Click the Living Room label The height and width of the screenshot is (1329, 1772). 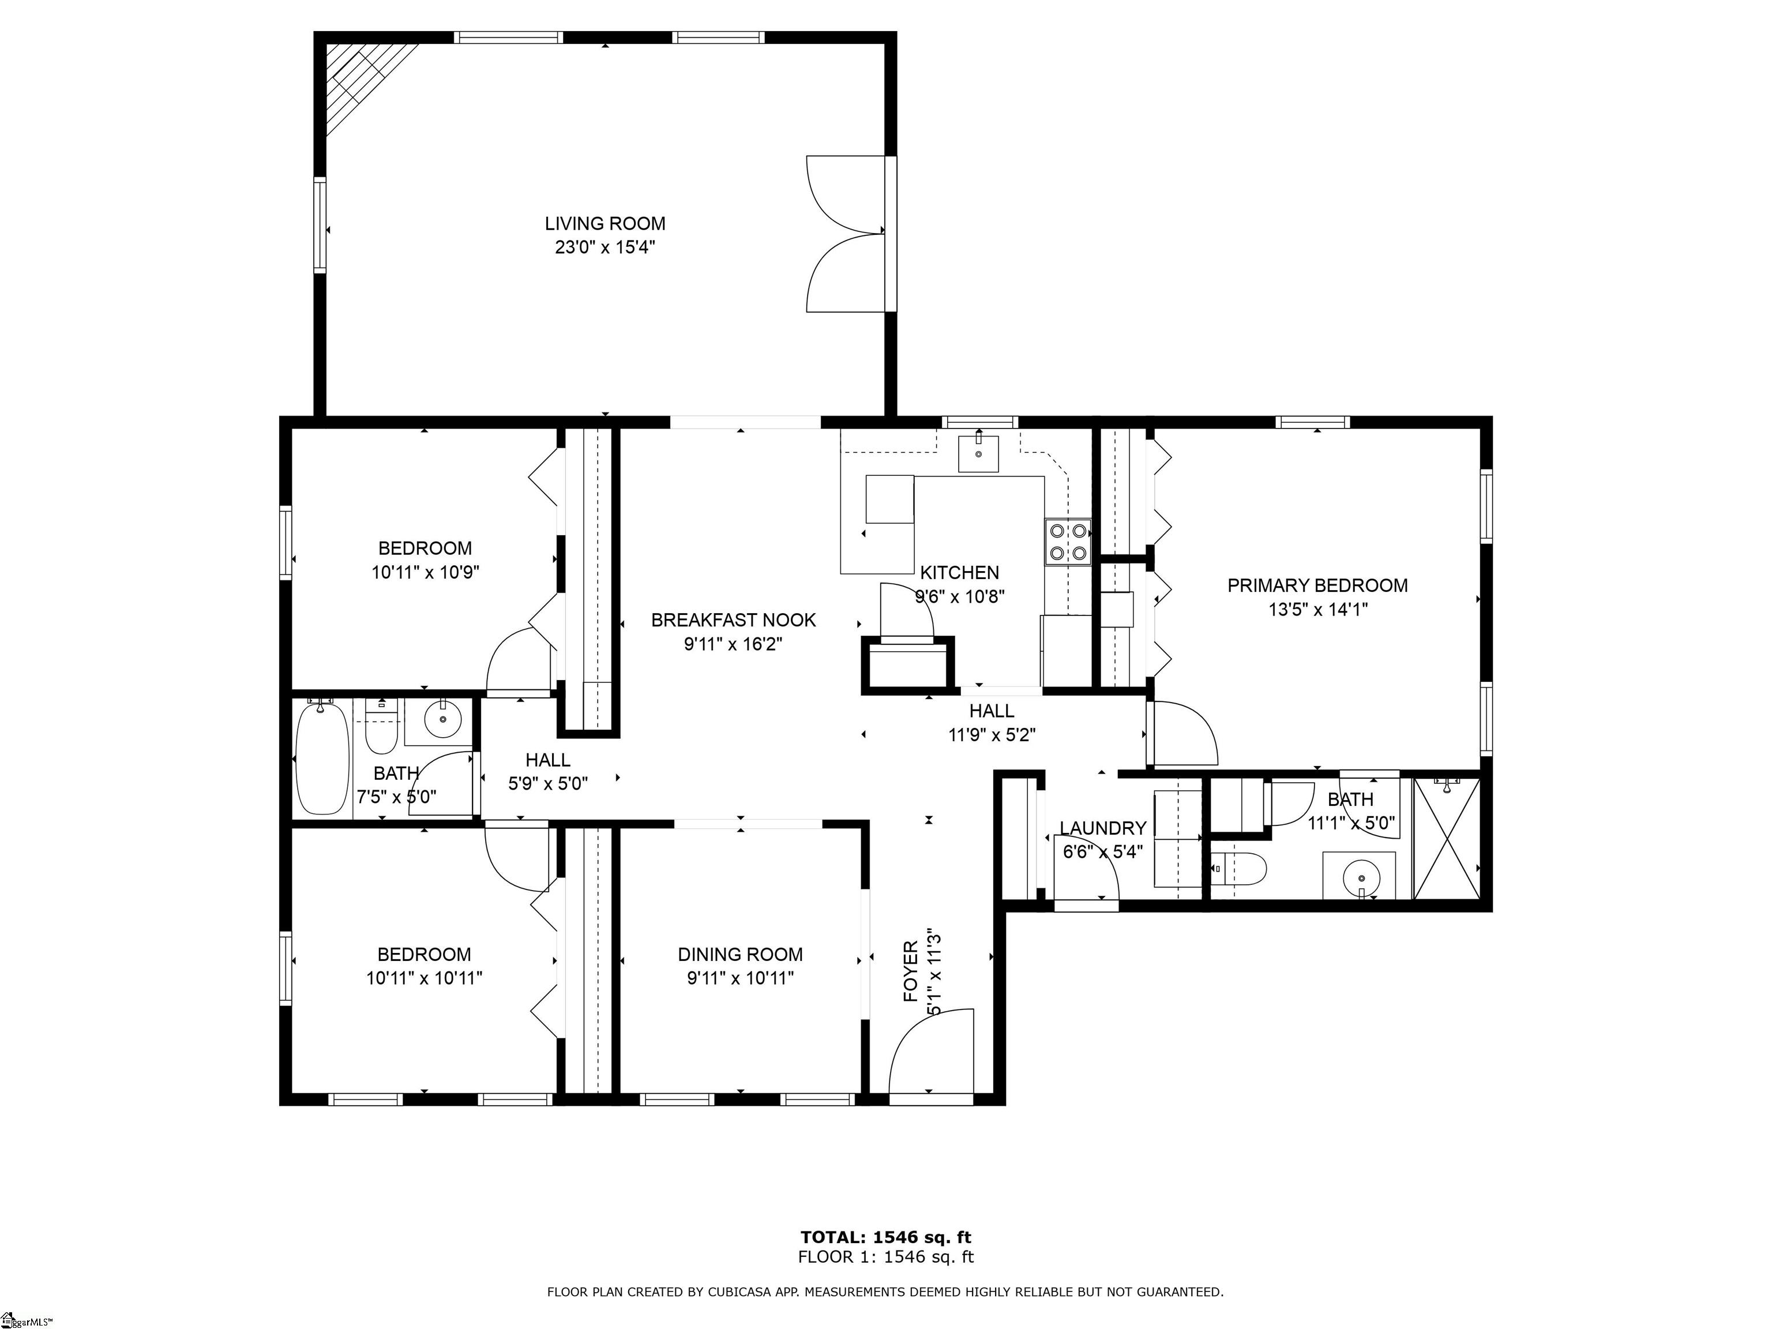click(605, 223)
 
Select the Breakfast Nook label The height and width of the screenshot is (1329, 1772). click(733, 620)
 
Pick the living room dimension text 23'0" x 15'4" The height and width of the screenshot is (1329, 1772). click(605, 247)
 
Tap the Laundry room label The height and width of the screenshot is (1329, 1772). click(1103, 828)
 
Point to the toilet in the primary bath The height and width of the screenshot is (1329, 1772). click(1238, 868)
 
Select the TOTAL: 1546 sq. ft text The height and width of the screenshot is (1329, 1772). click(886, 1238)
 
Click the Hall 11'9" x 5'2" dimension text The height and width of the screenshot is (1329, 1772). click(992, 735)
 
